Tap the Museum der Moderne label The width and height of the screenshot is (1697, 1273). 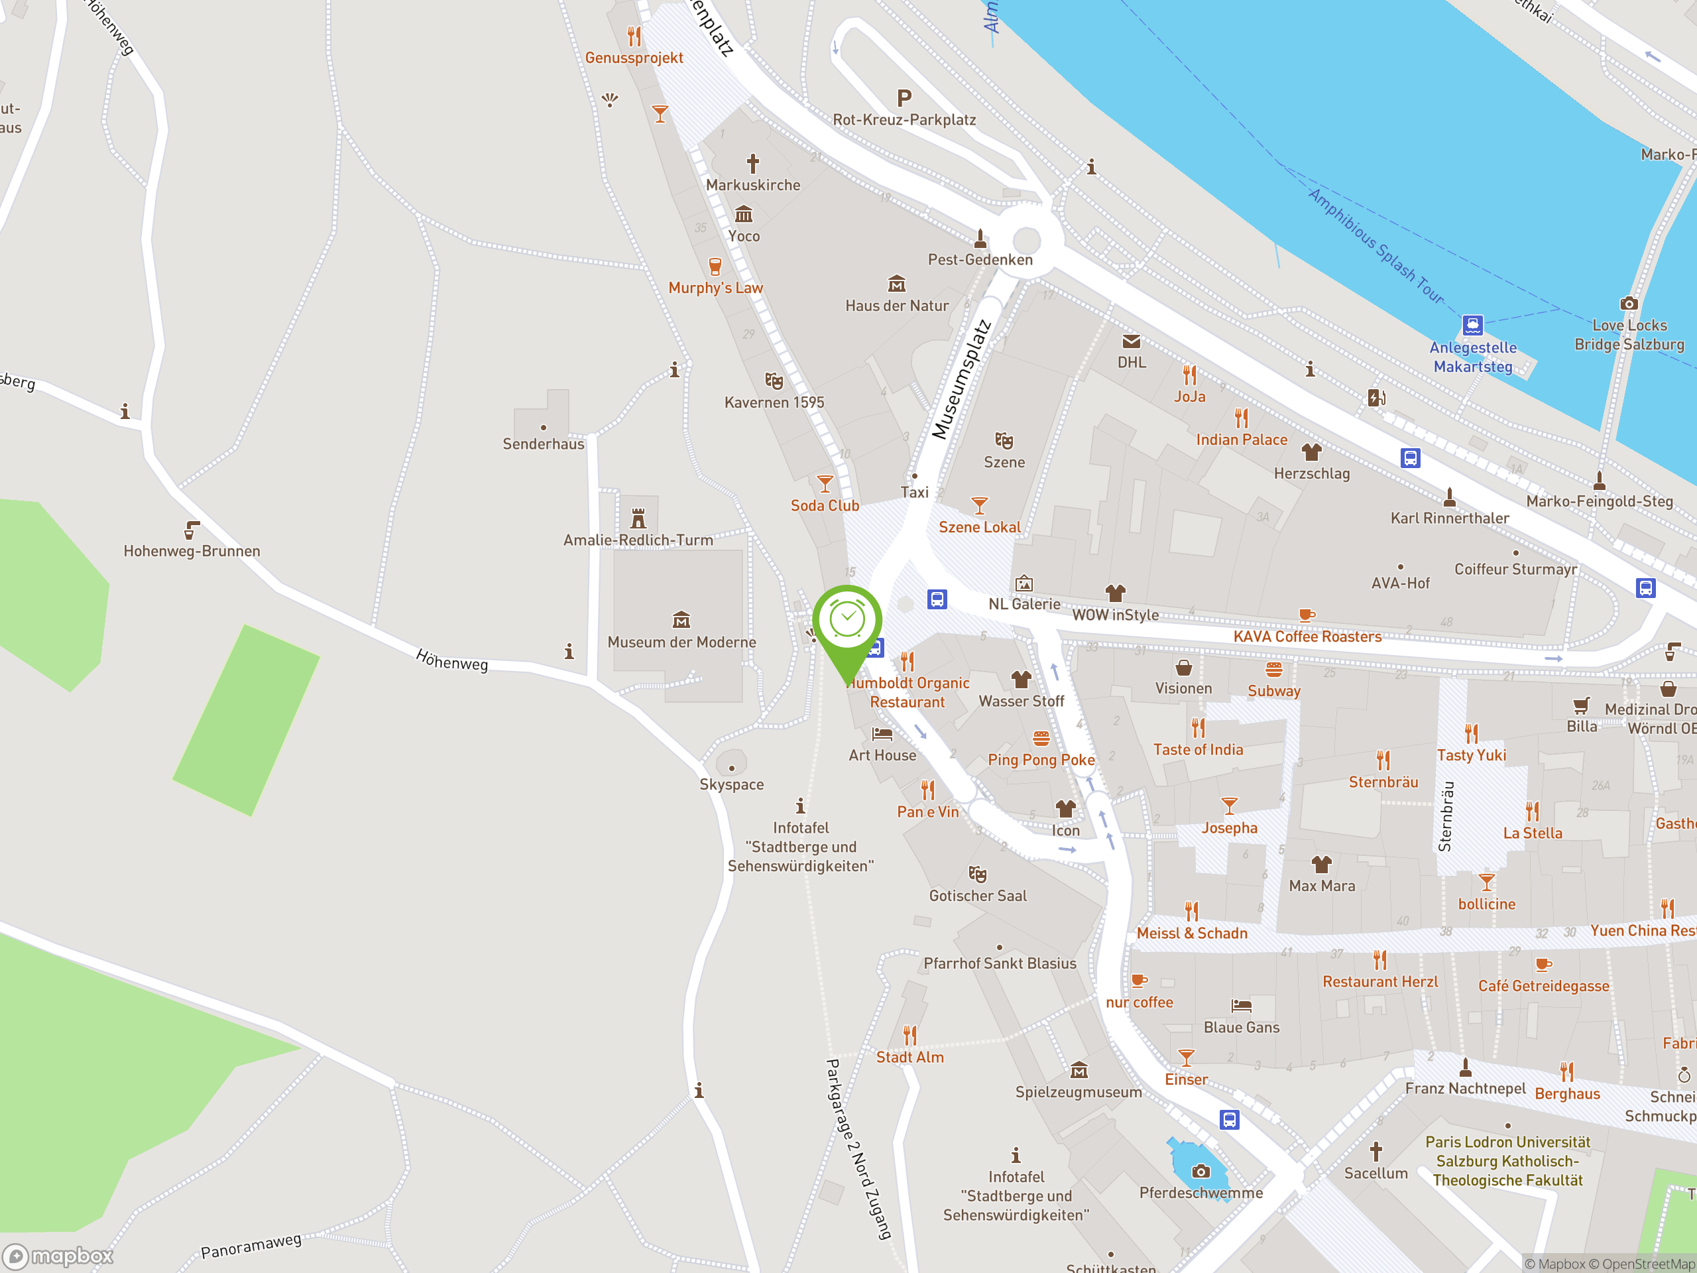pos(681,642)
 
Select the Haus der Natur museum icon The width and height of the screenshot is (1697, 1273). pos(896,284)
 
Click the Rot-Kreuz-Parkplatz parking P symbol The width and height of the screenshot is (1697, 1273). pos(904,97)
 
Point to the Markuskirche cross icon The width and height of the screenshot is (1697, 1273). pos(752,162)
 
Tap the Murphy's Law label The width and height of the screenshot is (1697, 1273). pos(715,288)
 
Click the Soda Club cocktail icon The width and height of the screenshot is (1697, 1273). pos(825,483)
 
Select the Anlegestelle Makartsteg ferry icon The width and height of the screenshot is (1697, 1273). pos(1472,325)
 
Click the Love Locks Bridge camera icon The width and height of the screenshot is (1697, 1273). pos(1629,304)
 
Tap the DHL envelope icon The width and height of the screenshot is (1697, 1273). pos(1131,341)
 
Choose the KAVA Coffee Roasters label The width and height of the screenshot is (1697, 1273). pos(1307,636)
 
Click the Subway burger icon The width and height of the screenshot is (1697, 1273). pos(1273,669)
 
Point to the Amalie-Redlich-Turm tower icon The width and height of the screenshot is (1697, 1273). pos(638,518)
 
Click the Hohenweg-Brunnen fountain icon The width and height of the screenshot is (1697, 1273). pos(192,530)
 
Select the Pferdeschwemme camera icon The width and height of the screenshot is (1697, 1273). pos(1200,1171)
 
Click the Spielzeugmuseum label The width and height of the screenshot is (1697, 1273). pos(1078,1092)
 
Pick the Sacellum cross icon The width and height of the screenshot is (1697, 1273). pos(1375,1151)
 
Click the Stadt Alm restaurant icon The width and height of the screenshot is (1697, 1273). pos(910,1035)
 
